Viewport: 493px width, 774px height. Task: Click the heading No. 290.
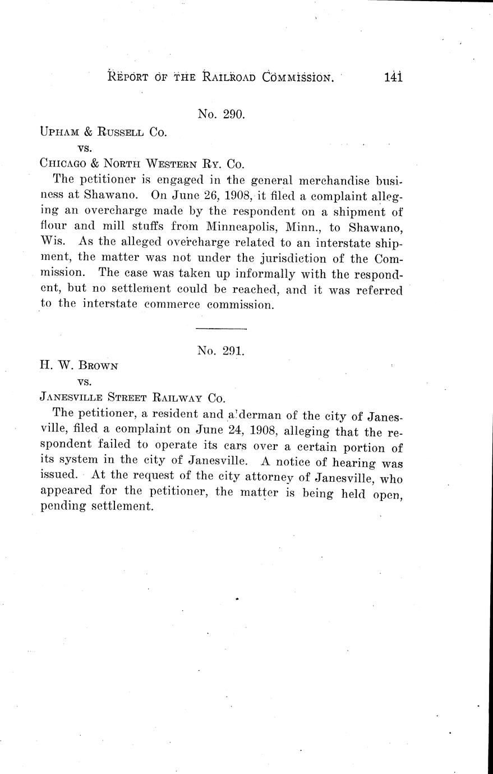tap(221, 114)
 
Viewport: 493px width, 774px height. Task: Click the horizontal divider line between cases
tap(221, 328)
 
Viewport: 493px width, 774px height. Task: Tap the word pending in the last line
tap(63, 505)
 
